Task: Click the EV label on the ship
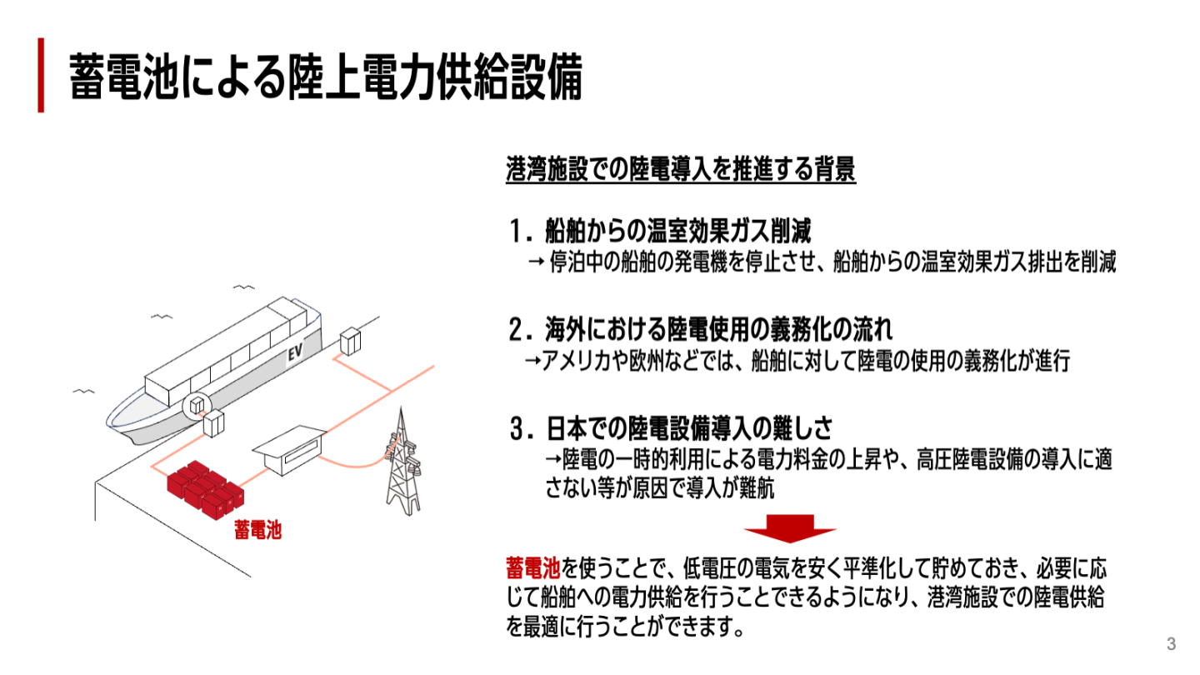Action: [x=293, y=353]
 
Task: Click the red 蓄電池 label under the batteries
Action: [x=257, y=530]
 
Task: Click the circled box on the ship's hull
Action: [x=197, y=405]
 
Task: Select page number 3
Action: [x=1171, y=644]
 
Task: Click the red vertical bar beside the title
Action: [x=40, y=75]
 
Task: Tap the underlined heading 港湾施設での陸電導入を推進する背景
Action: [x=680, y=171]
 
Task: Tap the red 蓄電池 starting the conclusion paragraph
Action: [x=532, y=569]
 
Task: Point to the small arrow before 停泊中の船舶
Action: [x=536, y=262]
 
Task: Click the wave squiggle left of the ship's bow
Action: [x=83, y=391]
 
